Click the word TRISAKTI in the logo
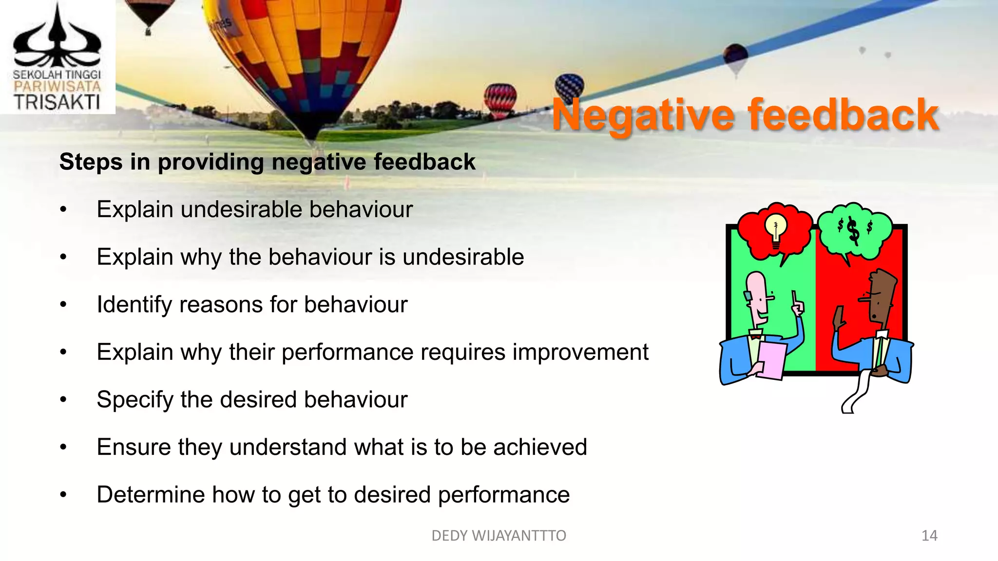(x=57, y=102)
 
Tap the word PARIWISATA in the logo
(x=57, y=87)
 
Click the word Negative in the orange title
(x=642, y=115)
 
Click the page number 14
(x=929, y=536)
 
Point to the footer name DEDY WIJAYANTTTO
(x=499, y=536)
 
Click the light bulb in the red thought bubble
(x=775, y=229)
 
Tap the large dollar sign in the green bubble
(x=853, y=230)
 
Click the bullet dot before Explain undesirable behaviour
(x=63, y=210)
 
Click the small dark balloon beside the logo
(x=149, y=15)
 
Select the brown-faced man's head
(x=882, y=297)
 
